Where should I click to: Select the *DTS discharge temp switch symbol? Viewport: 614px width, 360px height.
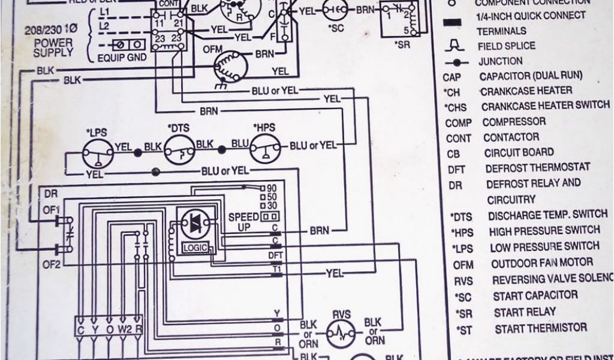pyautogui.click(x=180, y=148)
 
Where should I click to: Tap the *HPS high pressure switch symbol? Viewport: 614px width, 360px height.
pyautogui.click(x=266, y=148)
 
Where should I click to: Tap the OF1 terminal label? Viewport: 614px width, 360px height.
pyautogui.click(x=51, y=209)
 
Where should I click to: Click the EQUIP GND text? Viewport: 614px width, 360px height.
pyautogui.click(x=121, y=58)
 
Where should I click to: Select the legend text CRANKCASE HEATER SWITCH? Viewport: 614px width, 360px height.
pyautogui.click(x=545, y=106)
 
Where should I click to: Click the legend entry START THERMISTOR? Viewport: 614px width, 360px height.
pyautogui.click(x=540, y=328)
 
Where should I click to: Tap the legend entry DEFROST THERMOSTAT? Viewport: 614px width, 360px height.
pyautogui.click(x=537, y=168)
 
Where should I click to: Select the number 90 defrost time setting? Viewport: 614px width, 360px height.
pyautogui.click(x=271, y=188)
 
